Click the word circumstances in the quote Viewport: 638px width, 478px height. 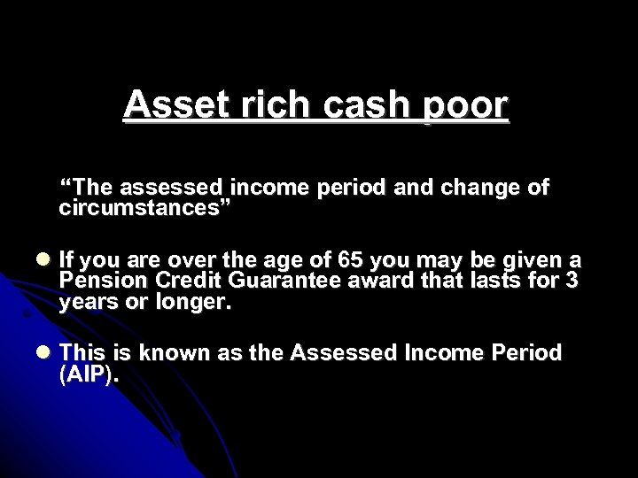pyautogui.click(x=145, y=209)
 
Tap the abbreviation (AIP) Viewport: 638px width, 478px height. pyautogui.click(x=88, y=374)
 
